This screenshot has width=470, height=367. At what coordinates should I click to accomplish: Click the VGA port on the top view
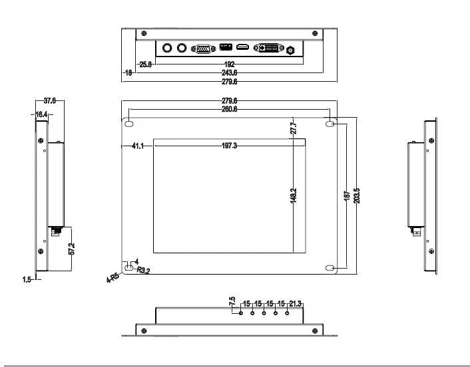pyautogui.click(x=202, y=49)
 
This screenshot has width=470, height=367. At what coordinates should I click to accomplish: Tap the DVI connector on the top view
pyautogui.click(x=268, y=49)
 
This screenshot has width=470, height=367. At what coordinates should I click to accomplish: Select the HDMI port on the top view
pyautogui.click(x=243, y=48)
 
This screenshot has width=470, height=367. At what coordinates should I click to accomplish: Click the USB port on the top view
pyautogui.click(x=225, y=48)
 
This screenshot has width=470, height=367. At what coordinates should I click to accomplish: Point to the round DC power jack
pyautogui.click(x=290, y=50)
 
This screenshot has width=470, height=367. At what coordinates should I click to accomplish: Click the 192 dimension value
pyautogui.click(x=229, y=64)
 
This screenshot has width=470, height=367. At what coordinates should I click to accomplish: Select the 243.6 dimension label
pyautogui.click(x=229, y=72)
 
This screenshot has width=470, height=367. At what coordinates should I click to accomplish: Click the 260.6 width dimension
pyautogui.click(x=229, y=109)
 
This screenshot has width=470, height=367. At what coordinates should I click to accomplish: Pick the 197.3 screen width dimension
pyautogui.click(x=229, y=146)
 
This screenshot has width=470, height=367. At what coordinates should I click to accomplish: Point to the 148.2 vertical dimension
pyautogui.click(x=294, y=196)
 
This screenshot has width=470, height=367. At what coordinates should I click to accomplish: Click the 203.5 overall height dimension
pyautogui.click(x=357, y=197)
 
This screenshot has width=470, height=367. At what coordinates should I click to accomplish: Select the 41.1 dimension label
pyautogui.click(x=138, y=146)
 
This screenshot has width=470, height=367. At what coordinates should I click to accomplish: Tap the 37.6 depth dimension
pyautogui.click(x=49, y=101)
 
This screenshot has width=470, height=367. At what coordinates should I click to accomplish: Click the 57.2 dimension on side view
pyautogui.click(x=71, y=249)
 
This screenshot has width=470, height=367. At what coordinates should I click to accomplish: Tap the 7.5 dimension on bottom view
pyautogui.click(x=232, y=301)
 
